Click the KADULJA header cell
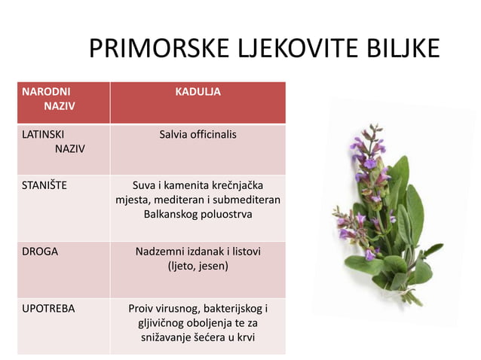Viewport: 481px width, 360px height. [x=198, y=92]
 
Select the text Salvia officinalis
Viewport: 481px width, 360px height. [x=198, y=135]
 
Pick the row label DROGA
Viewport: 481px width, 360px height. [x=40, y=252]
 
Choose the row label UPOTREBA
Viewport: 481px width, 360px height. [x=48, y=309]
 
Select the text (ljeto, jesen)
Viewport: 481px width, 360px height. [x=198, y=266]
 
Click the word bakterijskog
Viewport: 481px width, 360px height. [x=227, y=309]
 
